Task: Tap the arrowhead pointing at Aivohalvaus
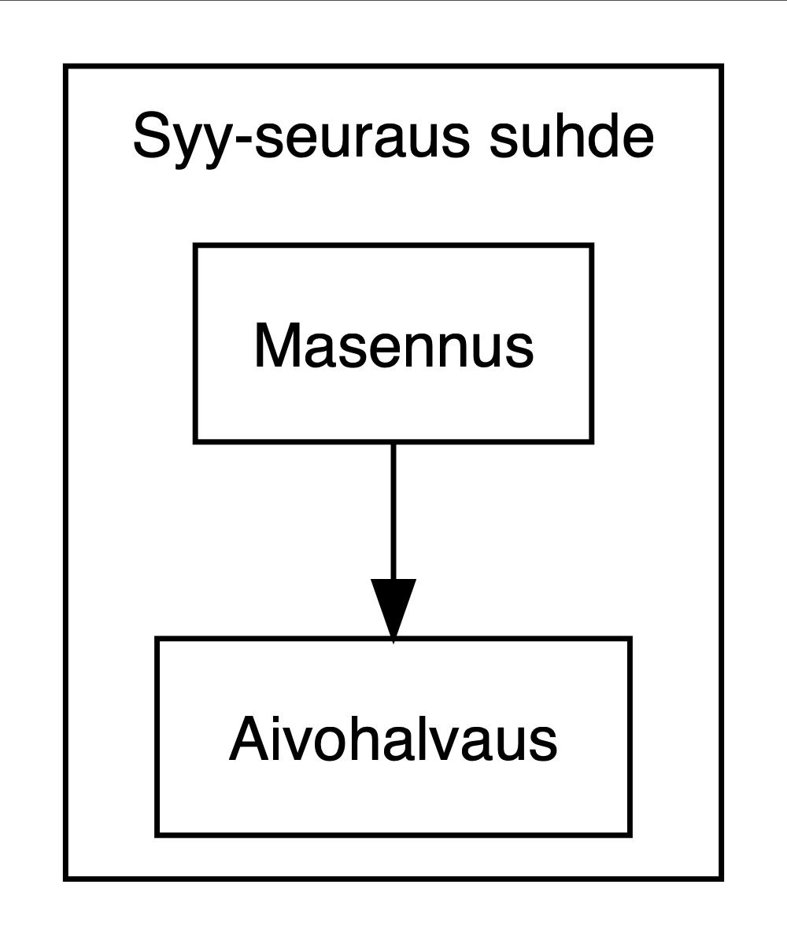click(x=393, y=609)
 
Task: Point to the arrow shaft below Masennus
click(x=393, y=511)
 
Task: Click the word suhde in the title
click(x=571, y=136)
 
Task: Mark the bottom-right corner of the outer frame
click(x=720, y=877)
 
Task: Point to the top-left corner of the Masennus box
click(x=195, y=245)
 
